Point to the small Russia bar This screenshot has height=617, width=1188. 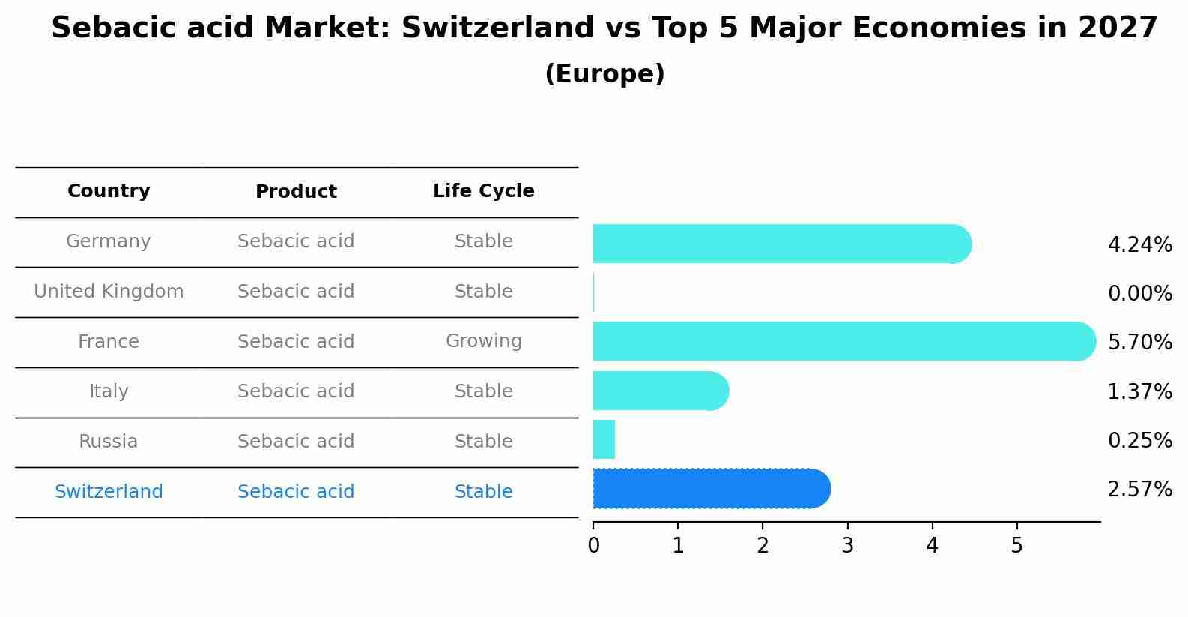(604, 439)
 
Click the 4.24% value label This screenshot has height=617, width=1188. (1139, 245)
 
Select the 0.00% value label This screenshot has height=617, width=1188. (1139, 294)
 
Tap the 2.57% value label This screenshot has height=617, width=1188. (1139, 490)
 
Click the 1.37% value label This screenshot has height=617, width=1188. (1139, 392)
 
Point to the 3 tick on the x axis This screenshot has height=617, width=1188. (847, 546)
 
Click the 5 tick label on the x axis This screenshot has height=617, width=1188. (1016, 546)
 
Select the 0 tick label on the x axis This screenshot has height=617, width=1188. (593, 546)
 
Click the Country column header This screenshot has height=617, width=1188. (109, 191)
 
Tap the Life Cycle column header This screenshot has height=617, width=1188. (483, 191)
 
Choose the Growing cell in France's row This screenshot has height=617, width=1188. (483, 341)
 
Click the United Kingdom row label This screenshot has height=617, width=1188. (109, 292)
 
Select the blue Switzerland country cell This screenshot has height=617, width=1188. (109, 492)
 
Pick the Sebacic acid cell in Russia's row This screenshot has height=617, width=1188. (296, 442)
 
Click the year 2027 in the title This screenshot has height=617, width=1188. (1118, 28)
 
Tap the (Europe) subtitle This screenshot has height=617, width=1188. (604, 74)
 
